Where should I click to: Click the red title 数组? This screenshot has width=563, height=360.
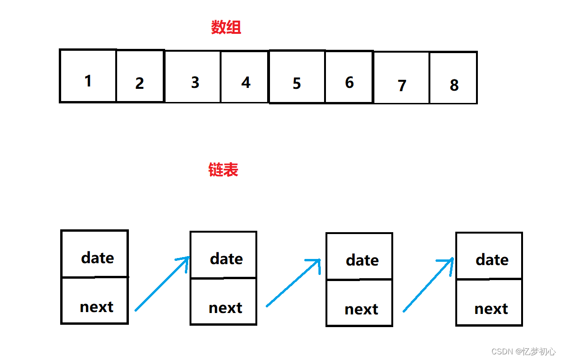coord(226,28)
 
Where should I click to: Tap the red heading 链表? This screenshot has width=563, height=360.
coord(223,170)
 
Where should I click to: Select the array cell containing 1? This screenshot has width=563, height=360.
coord(88,81)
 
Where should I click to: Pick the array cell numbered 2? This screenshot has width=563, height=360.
coord(140,83)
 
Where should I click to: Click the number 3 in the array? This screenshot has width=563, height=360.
coord(195,82)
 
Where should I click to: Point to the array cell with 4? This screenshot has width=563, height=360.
coord(246,82)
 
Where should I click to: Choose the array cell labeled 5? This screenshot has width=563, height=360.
coord(296,83)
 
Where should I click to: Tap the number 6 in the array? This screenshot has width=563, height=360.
coord(349,82)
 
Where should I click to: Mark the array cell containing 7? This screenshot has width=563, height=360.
coord(402,85)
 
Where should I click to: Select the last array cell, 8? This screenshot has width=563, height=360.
coord(454,85)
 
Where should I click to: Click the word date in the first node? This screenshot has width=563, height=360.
coord(97,258)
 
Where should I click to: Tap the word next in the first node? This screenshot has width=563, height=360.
coord(96,307)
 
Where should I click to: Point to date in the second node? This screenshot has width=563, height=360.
coord(226,258)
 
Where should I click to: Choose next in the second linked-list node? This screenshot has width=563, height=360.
coord(225,308)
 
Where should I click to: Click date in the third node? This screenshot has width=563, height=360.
coord(362,260)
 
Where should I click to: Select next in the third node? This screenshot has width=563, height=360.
coord(361,309)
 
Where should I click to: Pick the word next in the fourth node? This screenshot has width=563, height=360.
coord(491,309)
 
